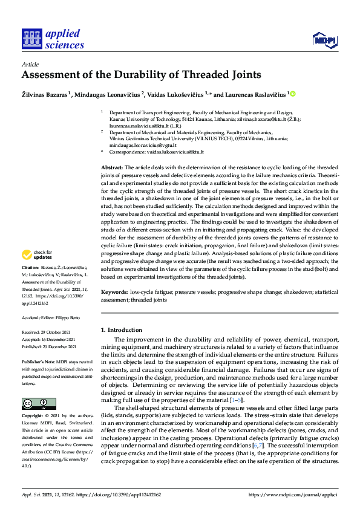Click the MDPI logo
pos(324,41)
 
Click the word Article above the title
pos(30,63)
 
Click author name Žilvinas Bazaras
pos(44,94)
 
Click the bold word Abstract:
pos(112,167)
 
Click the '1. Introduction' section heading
pos(122,330)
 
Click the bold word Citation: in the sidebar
pos(30,284)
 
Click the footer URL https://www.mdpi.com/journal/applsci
pos(292,494)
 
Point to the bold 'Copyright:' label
pos(33,417)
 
